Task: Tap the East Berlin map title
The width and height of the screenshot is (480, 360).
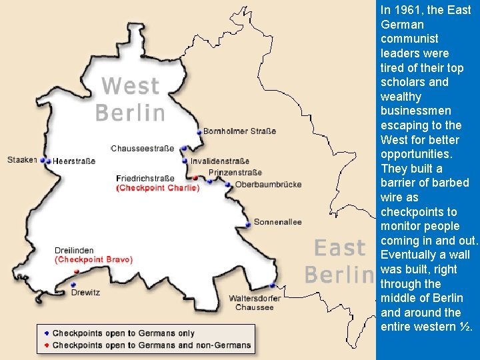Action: click(340, 261)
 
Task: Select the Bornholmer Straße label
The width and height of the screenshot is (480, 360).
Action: click(239, 131)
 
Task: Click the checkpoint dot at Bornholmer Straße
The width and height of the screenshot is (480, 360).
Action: click(199, 133)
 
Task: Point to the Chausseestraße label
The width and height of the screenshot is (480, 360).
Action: click(142, 149)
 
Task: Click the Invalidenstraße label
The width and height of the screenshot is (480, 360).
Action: click(219, 161)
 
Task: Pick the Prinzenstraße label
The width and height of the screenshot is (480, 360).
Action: click(235, 173)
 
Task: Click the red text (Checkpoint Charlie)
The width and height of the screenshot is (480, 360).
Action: click(157, 188)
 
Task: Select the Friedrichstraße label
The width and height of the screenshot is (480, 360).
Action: click(145, 179)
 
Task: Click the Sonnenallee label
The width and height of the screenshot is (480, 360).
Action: click(277, 222)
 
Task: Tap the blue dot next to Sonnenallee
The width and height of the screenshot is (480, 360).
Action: click(248, 225)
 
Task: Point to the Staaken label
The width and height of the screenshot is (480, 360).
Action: click(21, 160)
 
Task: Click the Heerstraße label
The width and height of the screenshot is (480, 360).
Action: click(74, 161)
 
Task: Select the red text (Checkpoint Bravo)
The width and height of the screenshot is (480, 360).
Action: click(93, 259)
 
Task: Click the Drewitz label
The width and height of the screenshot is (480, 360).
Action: click(85, 292)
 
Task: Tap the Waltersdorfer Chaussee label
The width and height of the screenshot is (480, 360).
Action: click(254, 303)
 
